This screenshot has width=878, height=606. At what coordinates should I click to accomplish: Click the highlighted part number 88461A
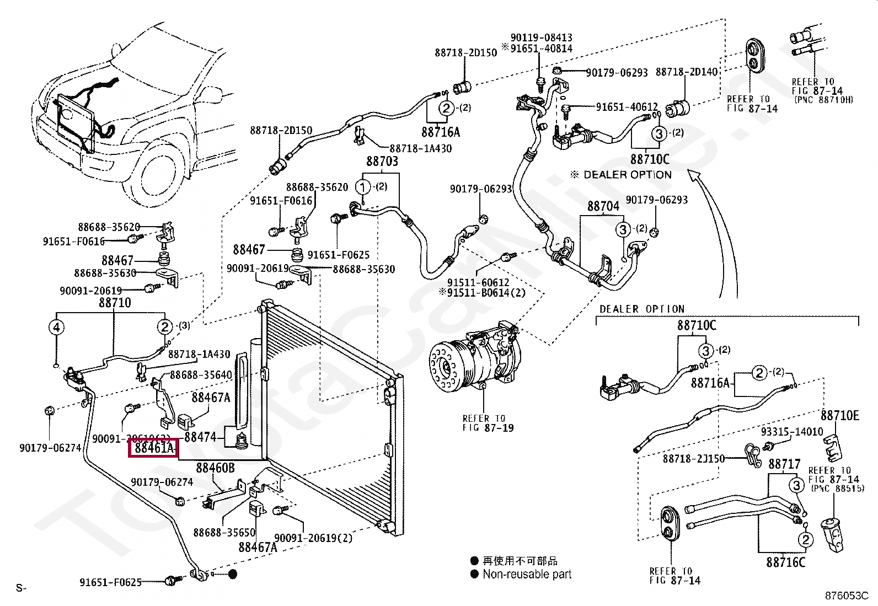[152, 448]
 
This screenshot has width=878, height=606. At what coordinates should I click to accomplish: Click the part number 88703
[382, 162]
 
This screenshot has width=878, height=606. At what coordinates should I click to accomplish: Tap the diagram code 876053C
[847, 596]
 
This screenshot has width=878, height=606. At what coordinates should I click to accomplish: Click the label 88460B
[215, 468]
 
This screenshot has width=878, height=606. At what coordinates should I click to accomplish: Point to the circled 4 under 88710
[56, 328]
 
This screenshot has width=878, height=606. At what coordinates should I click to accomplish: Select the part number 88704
[603, 206]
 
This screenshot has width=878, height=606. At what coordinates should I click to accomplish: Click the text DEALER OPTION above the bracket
[641, 309]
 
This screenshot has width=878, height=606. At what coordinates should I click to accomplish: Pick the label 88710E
[839, 416]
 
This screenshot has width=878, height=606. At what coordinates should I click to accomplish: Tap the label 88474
[200, 437]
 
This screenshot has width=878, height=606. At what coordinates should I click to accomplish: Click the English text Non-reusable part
[527, 574]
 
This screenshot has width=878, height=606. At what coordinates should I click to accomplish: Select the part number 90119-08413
[541, 37]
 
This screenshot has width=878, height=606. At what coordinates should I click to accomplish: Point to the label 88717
[784, 464]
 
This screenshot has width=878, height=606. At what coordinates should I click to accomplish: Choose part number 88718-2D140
[687, 72]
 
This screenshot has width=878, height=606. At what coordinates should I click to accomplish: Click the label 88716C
[785, 562]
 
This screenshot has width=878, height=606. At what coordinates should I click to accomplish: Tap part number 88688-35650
[224, 533]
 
